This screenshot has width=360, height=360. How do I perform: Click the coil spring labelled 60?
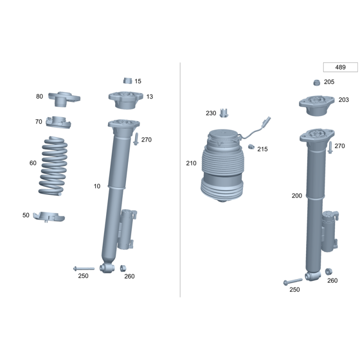53,166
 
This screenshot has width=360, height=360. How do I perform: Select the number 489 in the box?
340,67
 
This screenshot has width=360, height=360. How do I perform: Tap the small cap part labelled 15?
128,81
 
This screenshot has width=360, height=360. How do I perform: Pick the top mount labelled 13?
126,100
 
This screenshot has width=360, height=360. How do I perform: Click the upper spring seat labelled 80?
64,99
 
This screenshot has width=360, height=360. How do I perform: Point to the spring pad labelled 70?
58,122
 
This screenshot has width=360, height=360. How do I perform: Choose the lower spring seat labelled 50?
49,217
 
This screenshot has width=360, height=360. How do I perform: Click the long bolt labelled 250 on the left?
84,268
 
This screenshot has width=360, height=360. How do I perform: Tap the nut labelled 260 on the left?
123,268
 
